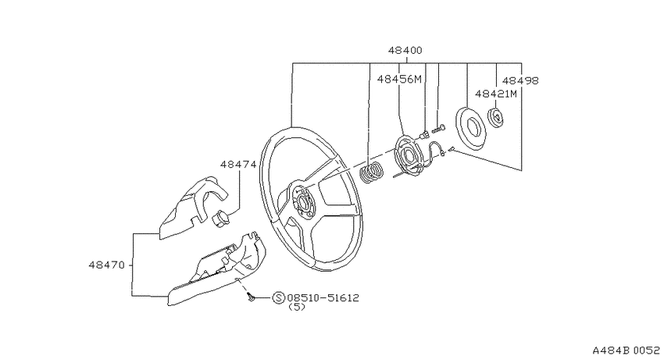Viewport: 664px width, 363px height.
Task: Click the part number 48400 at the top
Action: pos(405,50)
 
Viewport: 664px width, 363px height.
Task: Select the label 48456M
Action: pos(399,79)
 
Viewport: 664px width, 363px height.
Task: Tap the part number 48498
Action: pos(520,80)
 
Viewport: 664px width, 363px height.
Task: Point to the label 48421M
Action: pos(496,94)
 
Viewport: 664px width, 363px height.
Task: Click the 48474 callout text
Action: pos(238,164)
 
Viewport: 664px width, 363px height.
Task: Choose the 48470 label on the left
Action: pos(107,265)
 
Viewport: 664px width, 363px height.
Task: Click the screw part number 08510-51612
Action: pos(323,298)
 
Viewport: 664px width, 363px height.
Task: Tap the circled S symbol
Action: pos(279,298)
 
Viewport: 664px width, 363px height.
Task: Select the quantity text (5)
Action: pos(296,307)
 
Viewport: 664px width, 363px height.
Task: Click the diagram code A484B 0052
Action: pos(626,351)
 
